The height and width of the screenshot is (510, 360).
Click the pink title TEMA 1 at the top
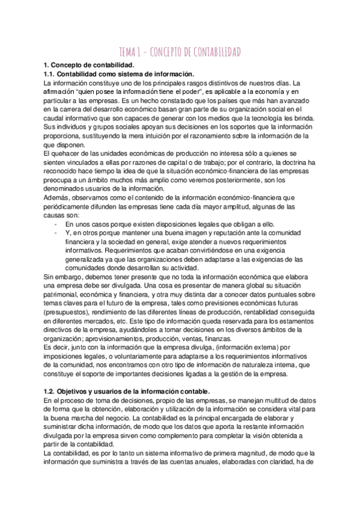(179, 52)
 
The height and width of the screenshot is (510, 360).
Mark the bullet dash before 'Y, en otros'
(55, 232)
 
